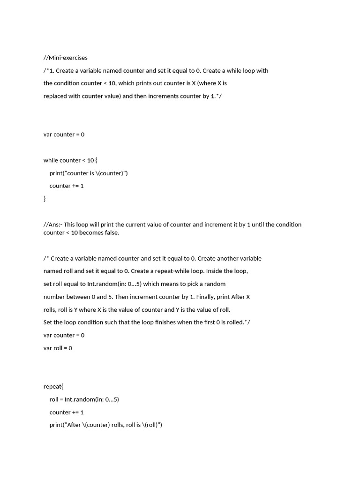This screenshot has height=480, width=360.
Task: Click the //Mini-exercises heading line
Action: tap(65, 58)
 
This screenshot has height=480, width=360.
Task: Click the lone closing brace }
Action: tap(45, 198)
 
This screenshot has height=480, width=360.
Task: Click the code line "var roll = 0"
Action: tap(58, 348)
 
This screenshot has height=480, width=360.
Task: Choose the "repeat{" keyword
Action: tap(53, 386)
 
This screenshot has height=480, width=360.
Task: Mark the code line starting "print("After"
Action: tap(105, 425)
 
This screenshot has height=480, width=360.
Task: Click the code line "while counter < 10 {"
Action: tap(70, 160)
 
